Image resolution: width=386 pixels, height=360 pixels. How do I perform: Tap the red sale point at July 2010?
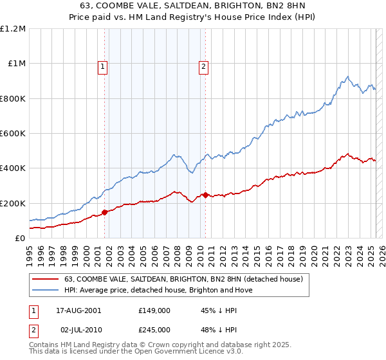[x=205, y=195]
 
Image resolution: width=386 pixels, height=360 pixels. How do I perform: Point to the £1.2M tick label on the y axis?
[x=13, y=29]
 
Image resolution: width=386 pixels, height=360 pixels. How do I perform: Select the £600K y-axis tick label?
[x=13, y=134]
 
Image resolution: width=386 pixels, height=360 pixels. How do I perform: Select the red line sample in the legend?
[x=45, y=279]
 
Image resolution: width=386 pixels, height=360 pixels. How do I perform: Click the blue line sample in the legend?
[x=45, y=290]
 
